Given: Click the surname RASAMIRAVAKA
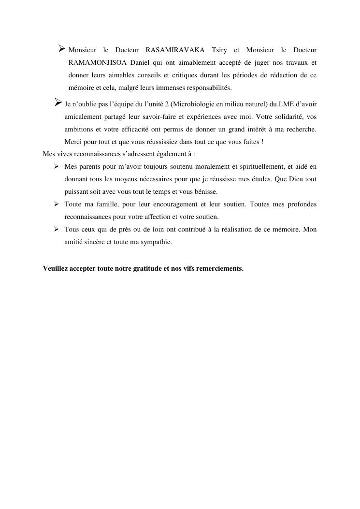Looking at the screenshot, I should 175,50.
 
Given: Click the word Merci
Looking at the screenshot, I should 73,142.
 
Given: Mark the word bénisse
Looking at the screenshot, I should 205,192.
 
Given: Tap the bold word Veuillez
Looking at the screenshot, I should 56,268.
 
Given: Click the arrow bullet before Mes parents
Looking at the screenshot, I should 56,167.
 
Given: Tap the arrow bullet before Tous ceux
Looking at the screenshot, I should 56,230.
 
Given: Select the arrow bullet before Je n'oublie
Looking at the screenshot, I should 57,103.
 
